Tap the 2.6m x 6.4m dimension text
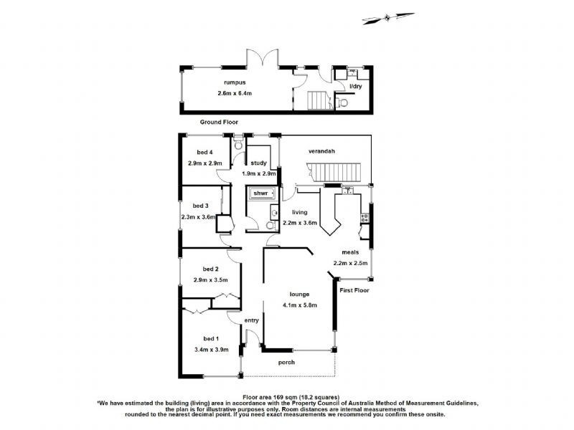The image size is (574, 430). tap(227, 94)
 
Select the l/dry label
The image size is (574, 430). tap(356, 87)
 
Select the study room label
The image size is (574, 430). tap(258, 163)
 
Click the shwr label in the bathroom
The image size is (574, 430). tap(260, 193)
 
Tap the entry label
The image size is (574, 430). tap(251, 320)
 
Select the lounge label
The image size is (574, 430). tap(299, 294)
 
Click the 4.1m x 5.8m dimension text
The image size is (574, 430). tap(299, 305)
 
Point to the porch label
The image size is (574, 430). tap(286, 362)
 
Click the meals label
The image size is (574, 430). tap(350, 252)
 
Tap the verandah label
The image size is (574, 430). tap(322, 151)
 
